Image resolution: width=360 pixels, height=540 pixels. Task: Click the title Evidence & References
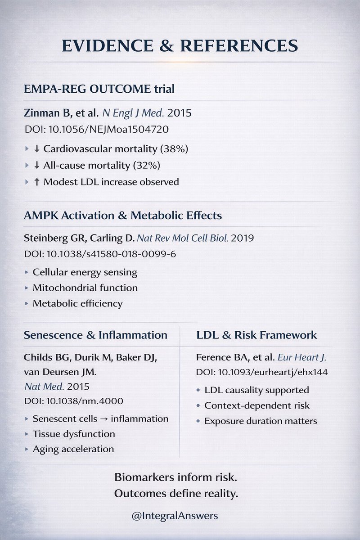click(180, 46)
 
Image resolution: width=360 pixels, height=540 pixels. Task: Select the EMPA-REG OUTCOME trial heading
click(99, 89)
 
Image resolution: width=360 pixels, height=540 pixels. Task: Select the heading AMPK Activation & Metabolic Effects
click(122, 216)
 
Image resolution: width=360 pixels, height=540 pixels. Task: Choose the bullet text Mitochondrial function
click(85, 288)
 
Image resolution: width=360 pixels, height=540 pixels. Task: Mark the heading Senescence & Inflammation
click(95, 335)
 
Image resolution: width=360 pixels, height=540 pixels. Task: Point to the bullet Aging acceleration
click(73, 449)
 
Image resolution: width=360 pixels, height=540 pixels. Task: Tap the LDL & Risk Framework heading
click(256, 335)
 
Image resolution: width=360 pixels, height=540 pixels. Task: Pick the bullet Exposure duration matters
click(261, 421)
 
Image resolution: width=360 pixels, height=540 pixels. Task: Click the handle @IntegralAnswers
click(175, 516)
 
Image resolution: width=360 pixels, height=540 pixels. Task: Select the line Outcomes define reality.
click(176, 494)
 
